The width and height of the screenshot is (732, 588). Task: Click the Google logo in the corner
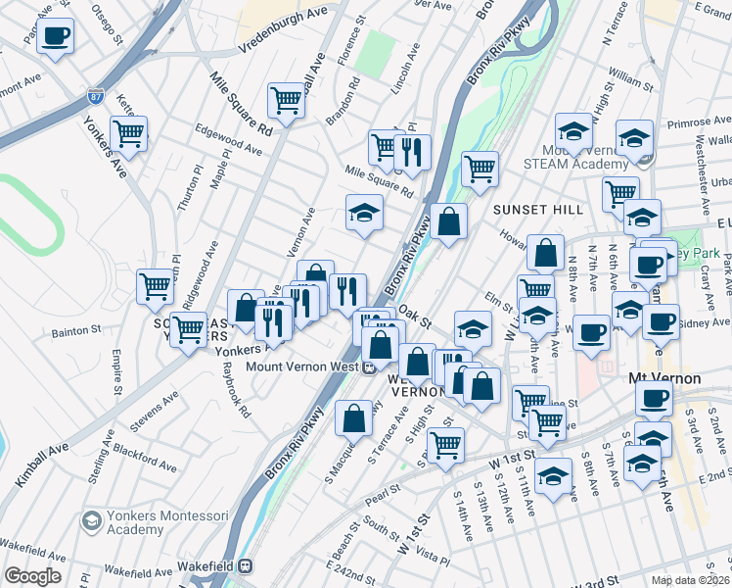point(32,576)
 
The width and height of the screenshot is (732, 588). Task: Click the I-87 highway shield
point(95,96)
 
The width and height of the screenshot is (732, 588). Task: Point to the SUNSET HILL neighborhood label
point(537,210)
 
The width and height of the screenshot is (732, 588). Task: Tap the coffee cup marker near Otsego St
point(56,36)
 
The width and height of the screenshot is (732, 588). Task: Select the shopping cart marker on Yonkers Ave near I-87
point(128,134)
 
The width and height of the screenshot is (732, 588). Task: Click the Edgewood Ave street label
point(229,139)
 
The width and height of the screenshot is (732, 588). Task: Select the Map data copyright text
point(691,580)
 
